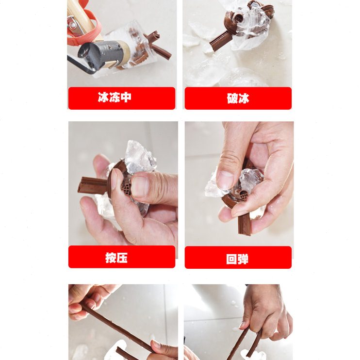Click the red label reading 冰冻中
pos(121,98)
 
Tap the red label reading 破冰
pos(238,98)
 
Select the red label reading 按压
pos(121,257)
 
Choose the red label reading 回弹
pos(238,257)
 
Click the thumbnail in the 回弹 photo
pos(225,180)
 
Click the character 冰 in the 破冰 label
pos(244,98)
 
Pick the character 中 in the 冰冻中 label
pos(126,98)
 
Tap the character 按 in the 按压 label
pos(111,257)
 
